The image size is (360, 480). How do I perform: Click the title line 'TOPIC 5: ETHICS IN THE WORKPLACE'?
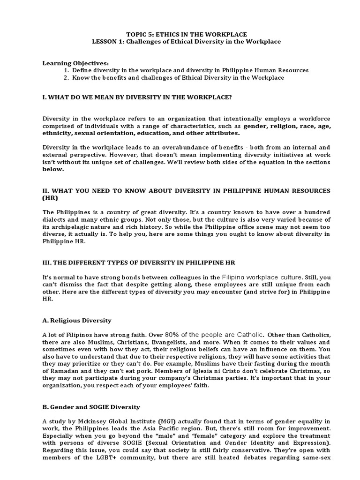(180, 35)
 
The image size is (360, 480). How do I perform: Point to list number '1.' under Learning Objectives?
(67, 70)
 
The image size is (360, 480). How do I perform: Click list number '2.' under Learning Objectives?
(67, 77)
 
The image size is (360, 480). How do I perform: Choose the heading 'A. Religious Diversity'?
(77, 320)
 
